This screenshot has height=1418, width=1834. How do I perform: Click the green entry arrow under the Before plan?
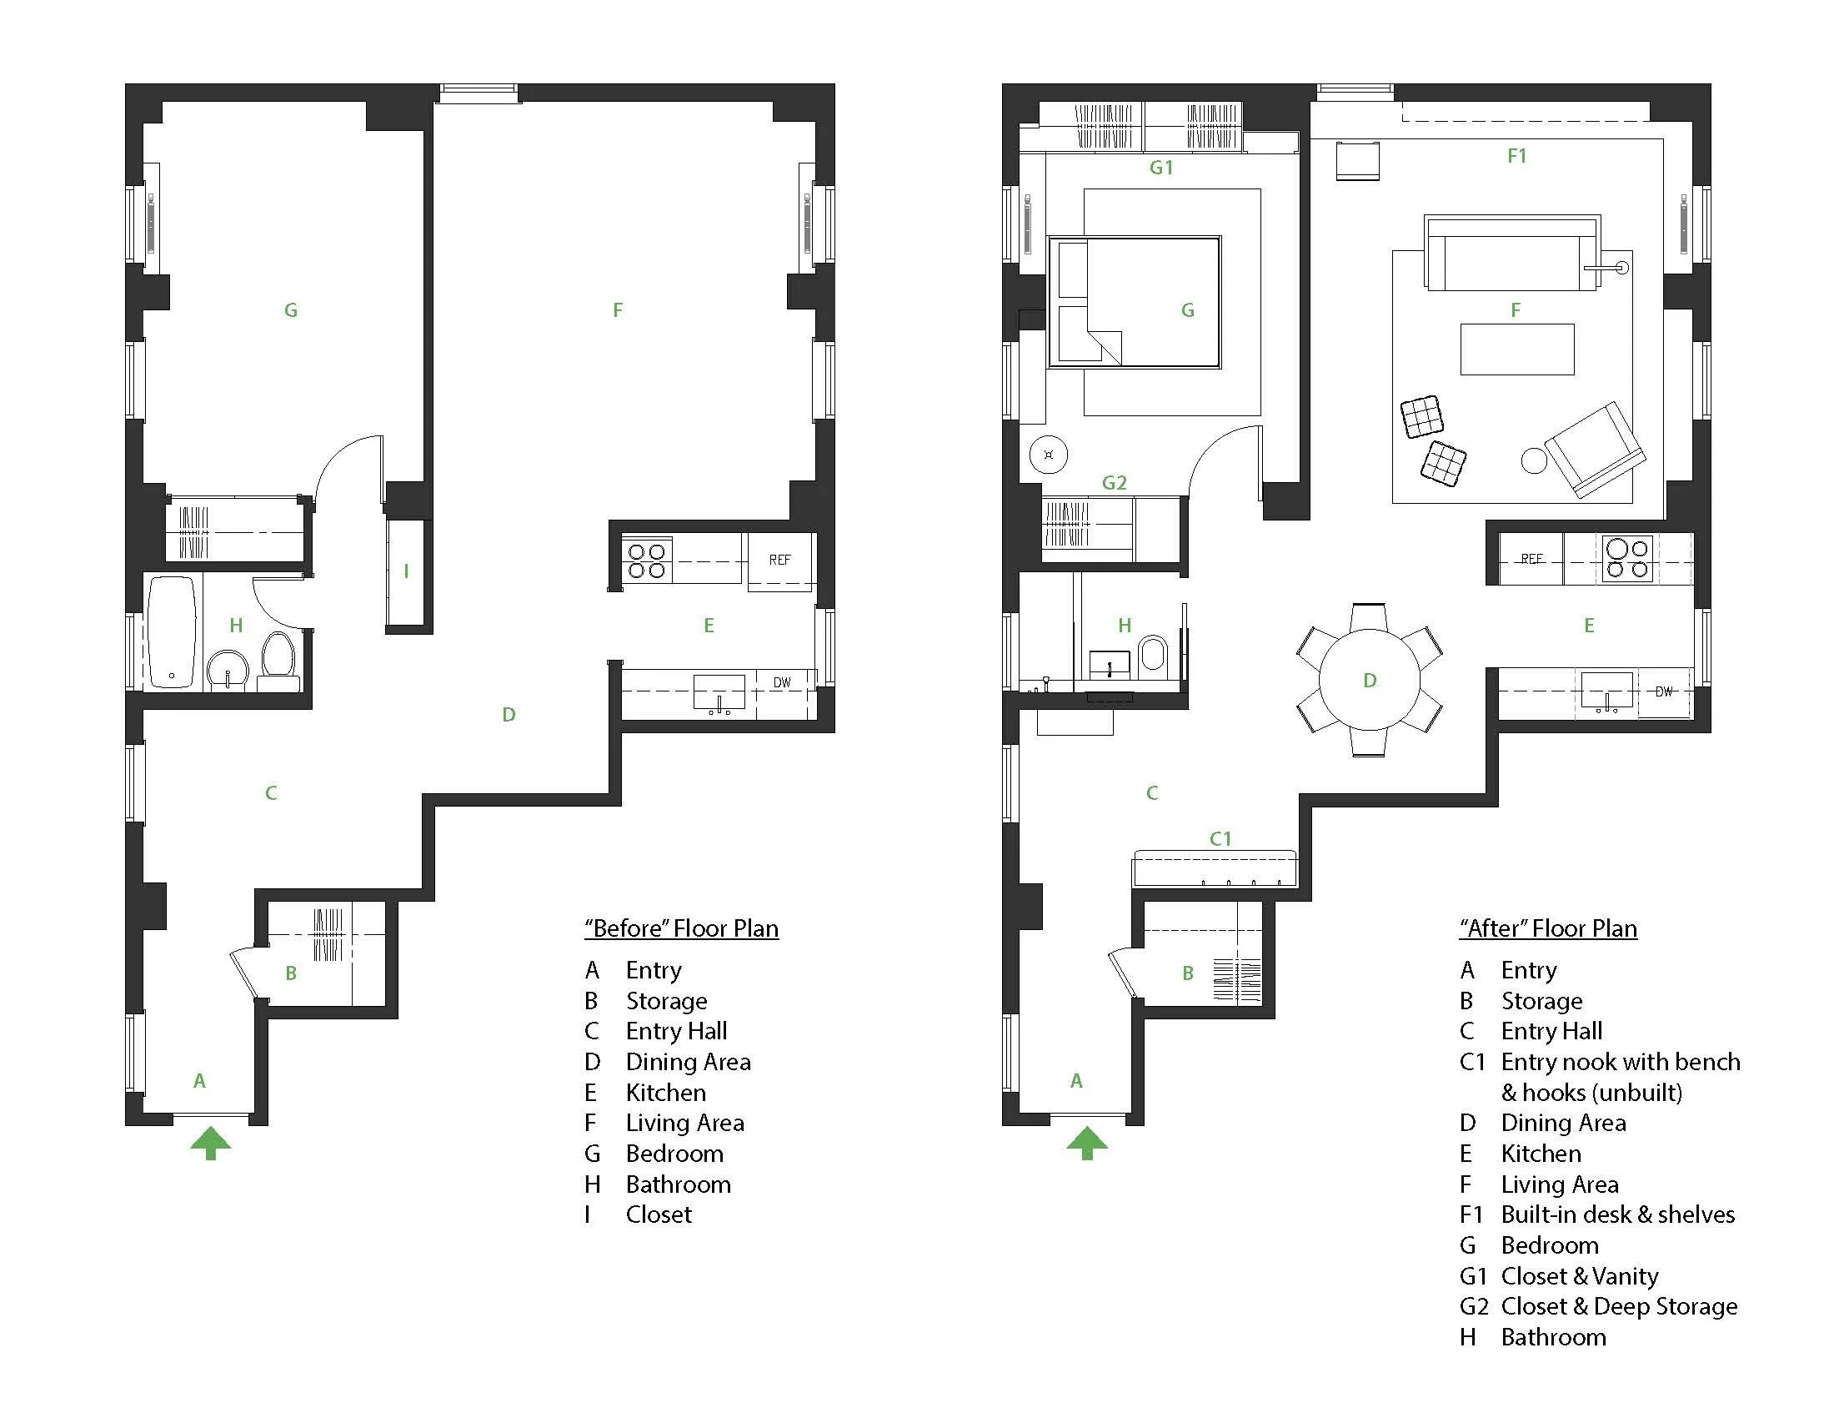[210, 1144]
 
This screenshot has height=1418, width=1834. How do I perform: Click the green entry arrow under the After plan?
[1086, 1144]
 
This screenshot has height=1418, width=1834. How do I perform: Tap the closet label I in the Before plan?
[407, 571]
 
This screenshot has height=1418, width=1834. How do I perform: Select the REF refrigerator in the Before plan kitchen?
[780, 561]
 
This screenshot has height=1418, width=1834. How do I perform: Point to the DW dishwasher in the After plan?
[1664, 692]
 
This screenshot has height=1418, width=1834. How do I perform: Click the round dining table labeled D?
[1370, 680]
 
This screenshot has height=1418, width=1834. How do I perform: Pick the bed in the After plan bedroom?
[1135, 303]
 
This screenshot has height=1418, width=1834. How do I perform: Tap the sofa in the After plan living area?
[1512, 253]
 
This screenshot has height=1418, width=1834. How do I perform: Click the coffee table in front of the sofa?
[1517, 349]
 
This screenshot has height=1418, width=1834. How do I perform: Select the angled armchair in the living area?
[1595, 450]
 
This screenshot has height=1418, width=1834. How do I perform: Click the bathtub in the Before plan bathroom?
[173, 632]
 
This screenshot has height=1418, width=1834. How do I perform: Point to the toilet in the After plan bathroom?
[1154, 656]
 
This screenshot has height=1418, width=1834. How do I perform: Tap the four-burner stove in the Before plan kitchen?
[647, 561]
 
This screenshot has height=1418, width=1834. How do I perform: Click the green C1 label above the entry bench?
[1220, 838]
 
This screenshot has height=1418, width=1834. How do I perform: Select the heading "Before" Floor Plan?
[682, 928]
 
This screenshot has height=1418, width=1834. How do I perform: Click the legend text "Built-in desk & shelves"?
[1618, 1214]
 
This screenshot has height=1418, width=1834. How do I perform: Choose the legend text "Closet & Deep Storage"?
[1619, 1307]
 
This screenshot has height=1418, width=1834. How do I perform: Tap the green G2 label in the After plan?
[1115, 483]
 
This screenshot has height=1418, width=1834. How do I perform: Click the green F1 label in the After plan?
[1516, 155]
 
